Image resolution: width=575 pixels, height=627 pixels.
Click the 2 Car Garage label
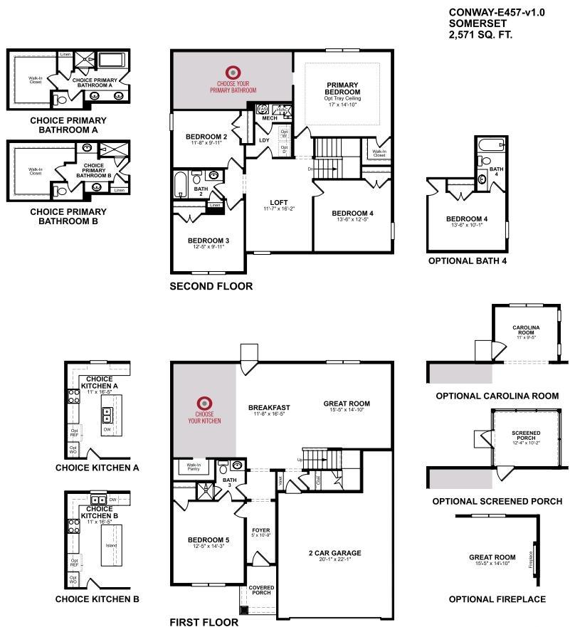pos(335,552)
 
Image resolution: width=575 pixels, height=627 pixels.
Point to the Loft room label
pos(278,201)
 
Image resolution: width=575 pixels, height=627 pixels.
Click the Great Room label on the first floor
pos(347,403)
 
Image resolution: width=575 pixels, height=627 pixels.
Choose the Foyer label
pos(261,530)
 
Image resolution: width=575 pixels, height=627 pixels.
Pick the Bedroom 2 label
pos(206,136)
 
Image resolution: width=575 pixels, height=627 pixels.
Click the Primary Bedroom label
pos(342,88)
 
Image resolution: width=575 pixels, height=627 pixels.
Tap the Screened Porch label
pos(526,435)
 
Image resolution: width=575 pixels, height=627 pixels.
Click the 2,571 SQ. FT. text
pos(480,33)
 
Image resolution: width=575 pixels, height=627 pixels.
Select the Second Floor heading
pos(211,286)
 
